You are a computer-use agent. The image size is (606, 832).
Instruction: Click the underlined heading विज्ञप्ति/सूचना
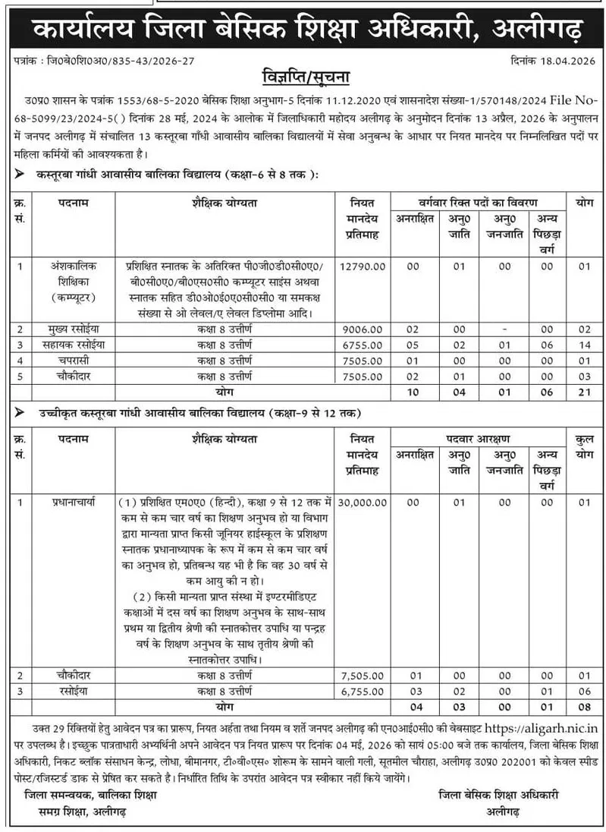tap(303, 78)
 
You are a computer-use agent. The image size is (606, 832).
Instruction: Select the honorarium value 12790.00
tap(363, 266)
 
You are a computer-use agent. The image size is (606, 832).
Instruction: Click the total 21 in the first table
tap(583, 391)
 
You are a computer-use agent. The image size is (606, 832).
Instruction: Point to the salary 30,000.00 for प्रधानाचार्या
tap(363, 503)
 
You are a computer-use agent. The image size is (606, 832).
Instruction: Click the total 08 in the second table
tap(583, 706)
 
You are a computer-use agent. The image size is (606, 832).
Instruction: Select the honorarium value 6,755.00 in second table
tap(363, 691)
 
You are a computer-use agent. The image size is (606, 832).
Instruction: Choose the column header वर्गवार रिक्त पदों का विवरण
tap(479, 203)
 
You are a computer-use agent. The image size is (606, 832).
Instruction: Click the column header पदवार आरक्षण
tap(479, 438)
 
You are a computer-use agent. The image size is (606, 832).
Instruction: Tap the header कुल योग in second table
tap(583, 446)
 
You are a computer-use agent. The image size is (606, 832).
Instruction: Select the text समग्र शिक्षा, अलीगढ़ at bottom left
tap(75, 812)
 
